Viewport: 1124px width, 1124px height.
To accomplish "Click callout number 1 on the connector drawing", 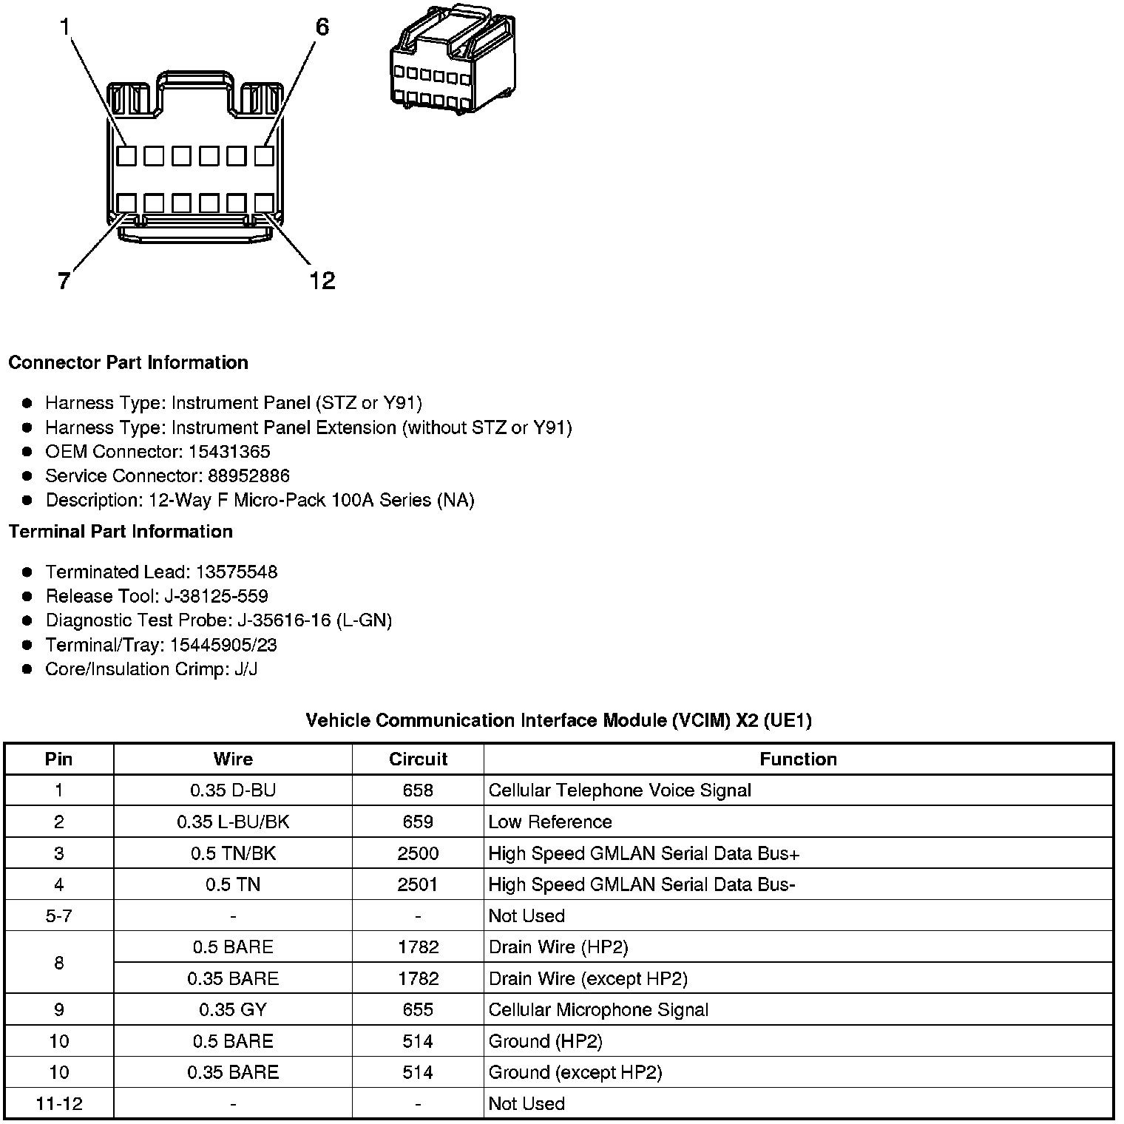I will tap(65, 27).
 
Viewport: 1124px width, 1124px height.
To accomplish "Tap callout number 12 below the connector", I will tap(322, 280).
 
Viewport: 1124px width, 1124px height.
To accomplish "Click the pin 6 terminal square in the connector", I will tap(264, 156).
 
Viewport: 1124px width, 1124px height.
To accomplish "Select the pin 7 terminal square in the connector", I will tap(126, 203).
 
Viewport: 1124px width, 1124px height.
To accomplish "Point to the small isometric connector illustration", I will tap(452, 60).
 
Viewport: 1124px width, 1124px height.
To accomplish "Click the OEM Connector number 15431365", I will tap(229, 452).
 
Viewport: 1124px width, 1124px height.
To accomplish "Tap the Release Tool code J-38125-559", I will tap(231, 596).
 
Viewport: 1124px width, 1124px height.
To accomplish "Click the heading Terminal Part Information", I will tap(121, 532).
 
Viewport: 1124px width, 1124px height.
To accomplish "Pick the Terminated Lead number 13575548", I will tap(236, 572).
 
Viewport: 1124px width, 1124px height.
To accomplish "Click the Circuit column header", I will tap(418, 759).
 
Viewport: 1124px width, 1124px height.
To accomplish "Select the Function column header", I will tap(798, 759).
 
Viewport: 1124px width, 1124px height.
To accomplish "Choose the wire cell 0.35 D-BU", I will tap(233, 790).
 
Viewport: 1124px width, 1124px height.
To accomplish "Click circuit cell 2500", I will tap(418, 853).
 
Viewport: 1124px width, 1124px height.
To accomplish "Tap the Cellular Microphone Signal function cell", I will tap(598, 1010).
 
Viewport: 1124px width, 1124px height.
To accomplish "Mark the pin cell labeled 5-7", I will tap(59, 916).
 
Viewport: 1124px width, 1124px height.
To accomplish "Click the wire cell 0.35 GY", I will tap(233, 1010).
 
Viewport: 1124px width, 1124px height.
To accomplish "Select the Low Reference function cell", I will tap(550, 822).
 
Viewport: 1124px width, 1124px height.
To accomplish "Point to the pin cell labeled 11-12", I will tap(59, 1104).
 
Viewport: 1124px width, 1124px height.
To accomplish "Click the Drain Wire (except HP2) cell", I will tap(588, 979).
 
